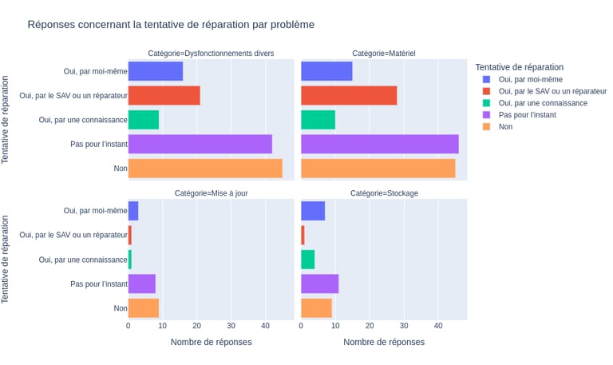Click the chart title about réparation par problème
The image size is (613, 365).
(x=171, y=25)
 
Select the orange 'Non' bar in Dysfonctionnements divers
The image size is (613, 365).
(x=205, y=169)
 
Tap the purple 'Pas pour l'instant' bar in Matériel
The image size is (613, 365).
(x=380, y=145)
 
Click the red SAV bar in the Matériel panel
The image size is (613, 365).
(x=349, y=96)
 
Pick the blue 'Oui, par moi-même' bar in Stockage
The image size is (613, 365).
(x=313, y=211)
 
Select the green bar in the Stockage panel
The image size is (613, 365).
(x=307, y=260)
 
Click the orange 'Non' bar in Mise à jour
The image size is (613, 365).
(x=144, y=308)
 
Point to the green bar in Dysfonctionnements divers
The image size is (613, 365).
(x=144, y=120)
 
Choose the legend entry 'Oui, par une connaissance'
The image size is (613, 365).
(x=543, y=103)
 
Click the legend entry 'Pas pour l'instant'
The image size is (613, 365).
(x=527, y=115)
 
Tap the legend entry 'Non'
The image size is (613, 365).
(x=505, y=127)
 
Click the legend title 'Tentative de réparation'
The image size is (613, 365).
(x=519, y=67)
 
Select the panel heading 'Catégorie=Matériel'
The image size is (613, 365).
(x=383, y=54)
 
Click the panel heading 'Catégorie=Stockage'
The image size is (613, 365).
(x=384, y=193)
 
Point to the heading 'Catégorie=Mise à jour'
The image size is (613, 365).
(x=211, y=193)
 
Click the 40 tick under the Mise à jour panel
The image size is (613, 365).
(x=265, y=326)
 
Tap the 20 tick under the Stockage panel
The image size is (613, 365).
(x=370, y=326)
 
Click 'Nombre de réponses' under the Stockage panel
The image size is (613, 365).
(x=384, y=342)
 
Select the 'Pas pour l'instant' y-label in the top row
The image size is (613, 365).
(x=99, y=145)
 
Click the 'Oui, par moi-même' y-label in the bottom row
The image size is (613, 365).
(x=95, y=211)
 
